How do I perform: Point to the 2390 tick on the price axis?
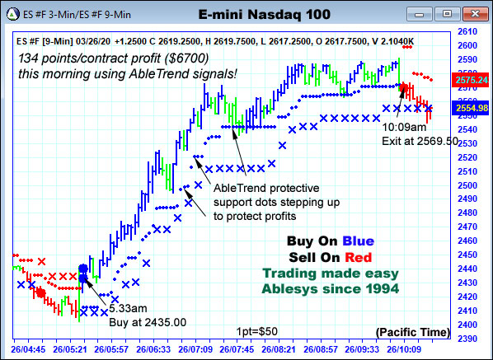[468, 339]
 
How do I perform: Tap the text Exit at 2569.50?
[420, 141]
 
